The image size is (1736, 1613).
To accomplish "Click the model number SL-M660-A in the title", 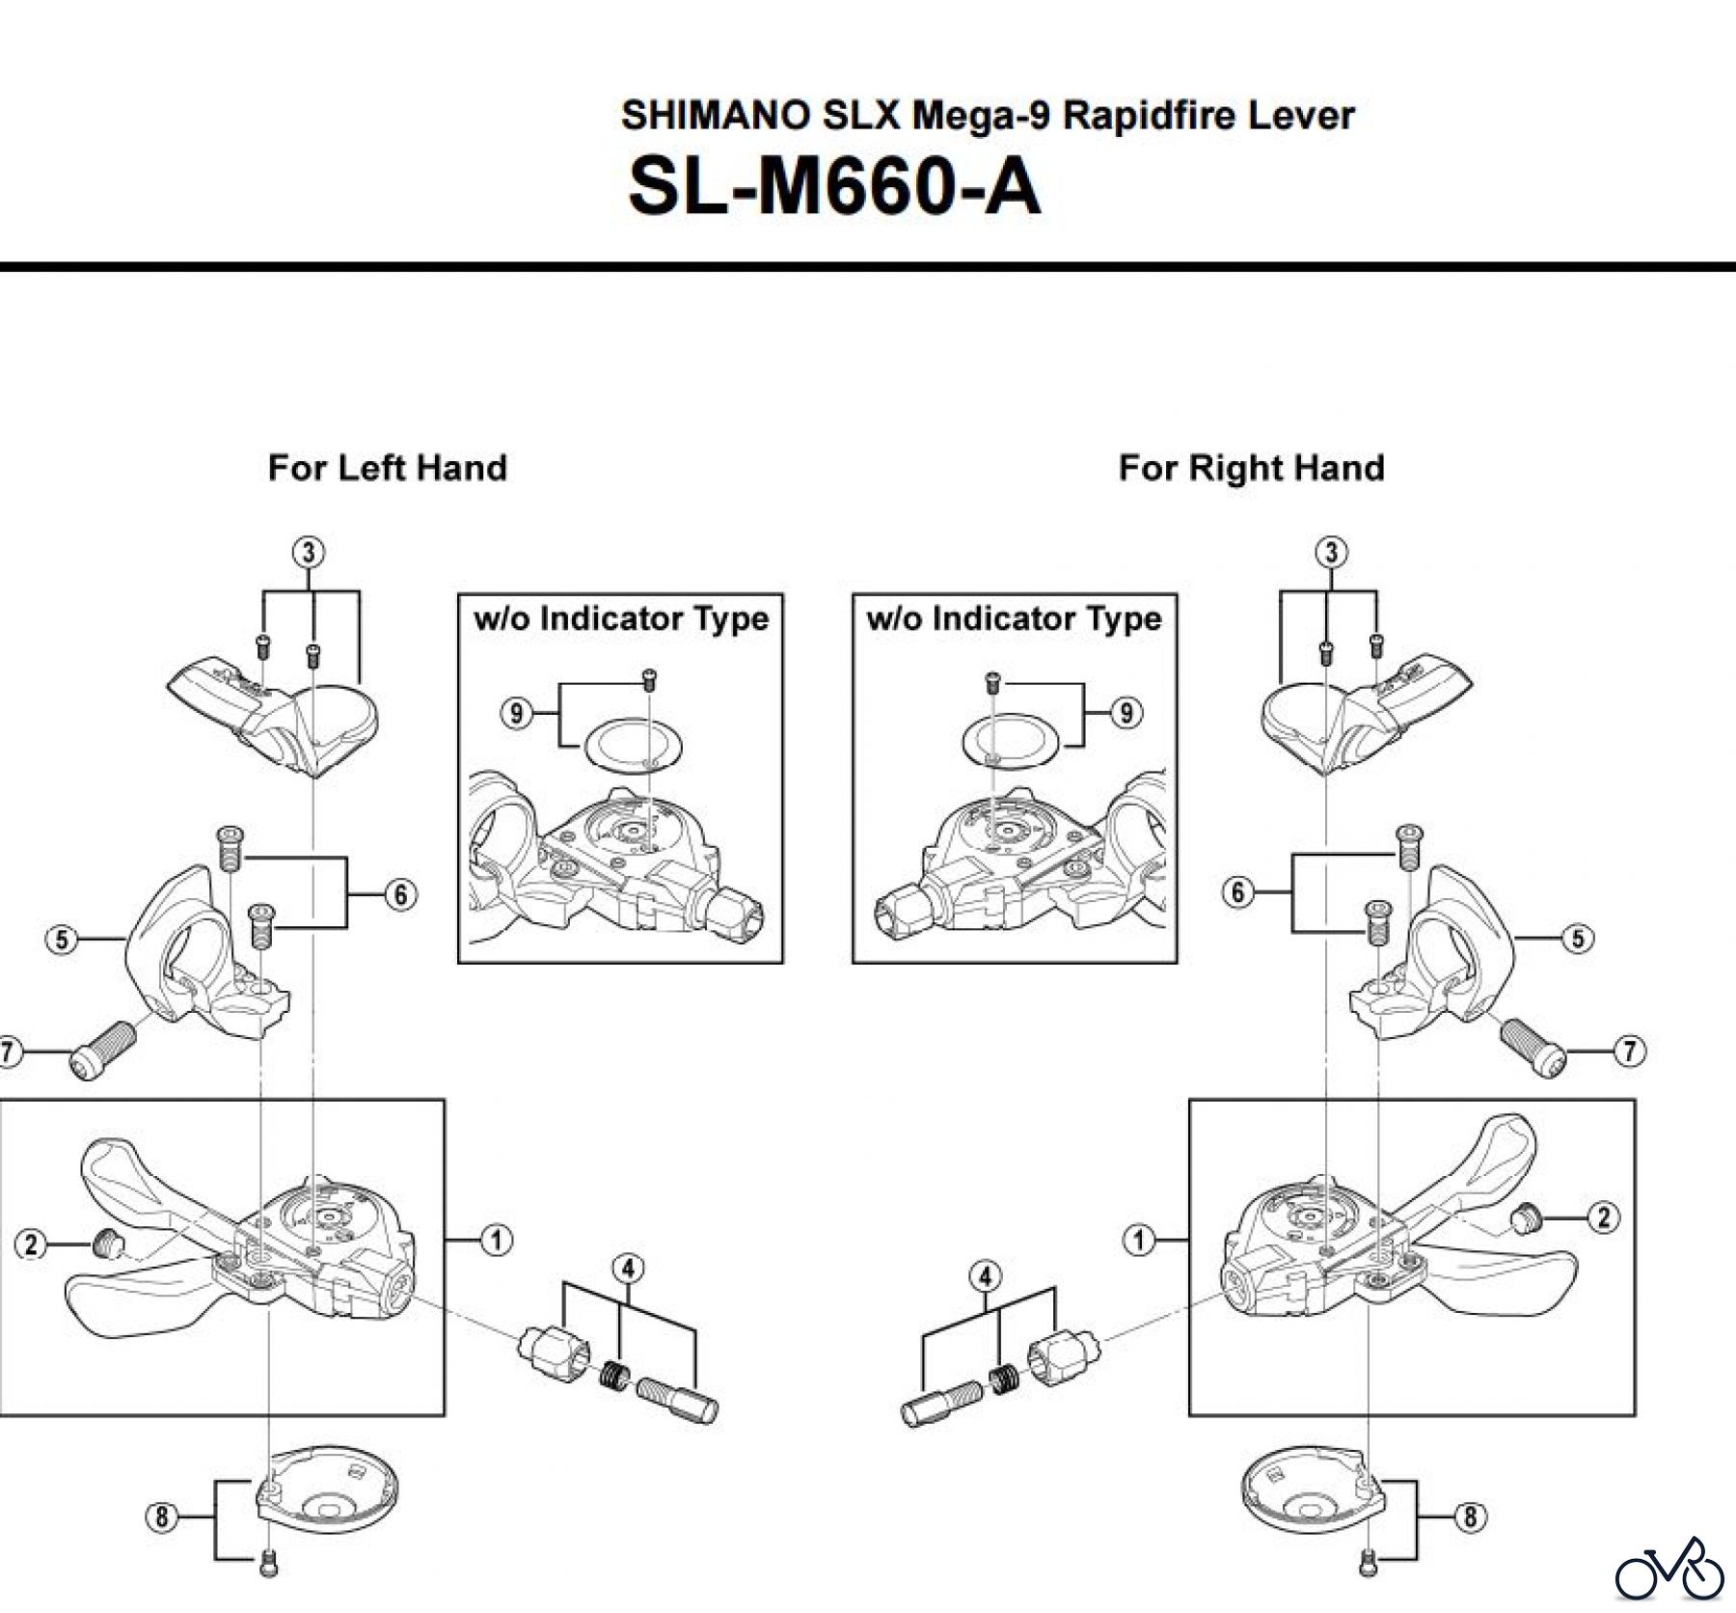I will point(834,187).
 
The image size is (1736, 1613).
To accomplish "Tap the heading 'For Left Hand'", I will point(387,468).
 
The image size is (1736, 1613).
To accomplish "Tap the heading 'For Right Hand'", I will point(1251,468).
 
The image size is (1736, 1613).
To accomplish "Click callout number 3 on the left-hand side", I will point(308,553).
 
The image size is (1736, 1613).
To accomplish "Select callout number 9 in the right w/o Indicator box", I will point(1126,713).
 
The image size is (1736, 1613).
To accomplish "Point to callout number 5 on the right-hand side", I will point(1578,939).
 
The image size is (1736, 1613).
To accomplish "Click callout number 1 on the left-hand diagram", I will point(496,1240).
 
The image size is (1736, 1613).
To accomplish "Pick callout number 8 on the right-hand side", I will point(1469,1517).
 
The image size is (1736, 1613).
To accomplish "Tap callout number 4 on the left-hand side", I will point(628,1268).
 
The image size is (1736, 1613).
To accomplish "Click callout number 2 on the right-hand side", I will point(1603,1217).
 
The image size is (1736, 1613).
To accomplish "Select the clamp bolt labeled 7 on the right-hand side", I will point(1533,1046).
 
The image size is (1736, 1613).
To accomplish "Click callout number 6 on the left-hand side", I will point(400,894).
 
